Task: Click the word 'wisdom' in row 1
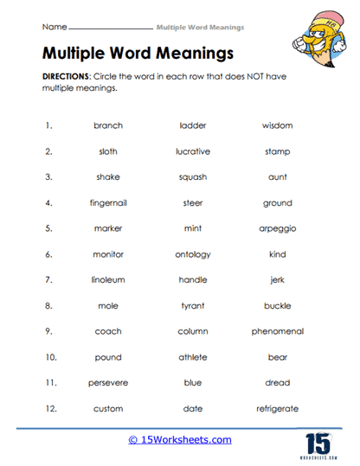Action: click(x=277, y=125)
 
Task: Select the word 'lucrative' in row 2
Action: click(x=193, y=151)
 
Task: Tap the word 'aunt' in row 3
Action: click(x=277, y=177)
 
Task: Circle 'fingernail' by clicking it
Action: click(x=108, y=203)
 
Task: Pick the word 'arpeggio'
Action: click(x=277, y=229)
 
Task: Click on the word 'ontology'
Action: click(x=193, y=254)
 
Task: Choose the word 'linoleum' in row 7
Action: click(x=108, y=280)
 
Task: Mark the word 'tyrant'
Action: click(x=193, y=306)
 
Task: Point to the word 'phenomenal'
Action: click(x=277, y=331)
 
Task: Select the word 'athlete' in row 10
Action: click(x=193, y=357)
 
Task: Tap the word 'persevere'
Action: click(x=108, y=383)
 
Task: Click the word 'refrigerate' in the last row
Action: click(x=277, y=408)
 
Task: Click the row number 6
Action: click(x=48, y=254)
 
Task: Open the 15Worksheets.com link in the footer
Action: click(x=181, y=440)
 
